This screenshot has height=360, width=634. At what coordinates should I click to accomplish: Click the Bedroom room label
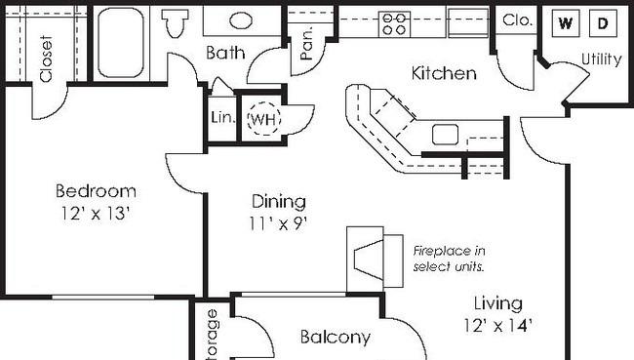95,190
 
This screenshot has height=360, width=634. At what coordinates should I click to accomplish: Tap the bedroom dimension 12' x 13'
95,212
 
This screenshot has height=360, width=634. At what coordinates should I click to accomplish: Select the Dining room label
279,202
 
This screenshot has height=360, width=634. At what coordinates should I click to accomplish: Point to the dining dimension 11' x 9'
279,223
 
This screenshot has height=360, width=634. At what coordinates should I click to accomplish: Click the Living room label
498,303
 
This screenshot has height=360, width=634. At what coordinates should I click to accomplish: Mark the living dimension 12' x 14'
498,325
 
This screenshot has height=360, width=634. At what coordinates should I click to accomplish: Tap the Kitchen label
444,73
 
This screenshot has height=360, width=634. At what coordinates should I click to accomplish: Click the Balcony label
335,338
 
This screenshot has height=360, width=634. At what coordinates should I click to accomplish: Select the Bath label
224,53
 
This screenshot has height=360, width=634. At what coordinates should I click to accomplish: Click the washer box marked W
563,22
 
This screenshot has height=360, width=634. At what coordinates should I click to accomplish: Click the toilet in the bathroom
176,22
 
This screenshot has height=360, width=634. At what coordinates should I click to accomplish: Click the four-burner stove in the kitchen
394,22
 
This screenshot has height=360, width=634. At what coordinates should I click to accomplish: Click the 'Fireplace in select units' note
449,259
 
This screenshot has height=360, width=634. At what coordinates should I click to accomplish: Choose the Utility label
601,60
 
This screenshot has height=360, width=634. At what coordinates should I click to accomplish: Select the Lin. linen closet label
221,118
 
